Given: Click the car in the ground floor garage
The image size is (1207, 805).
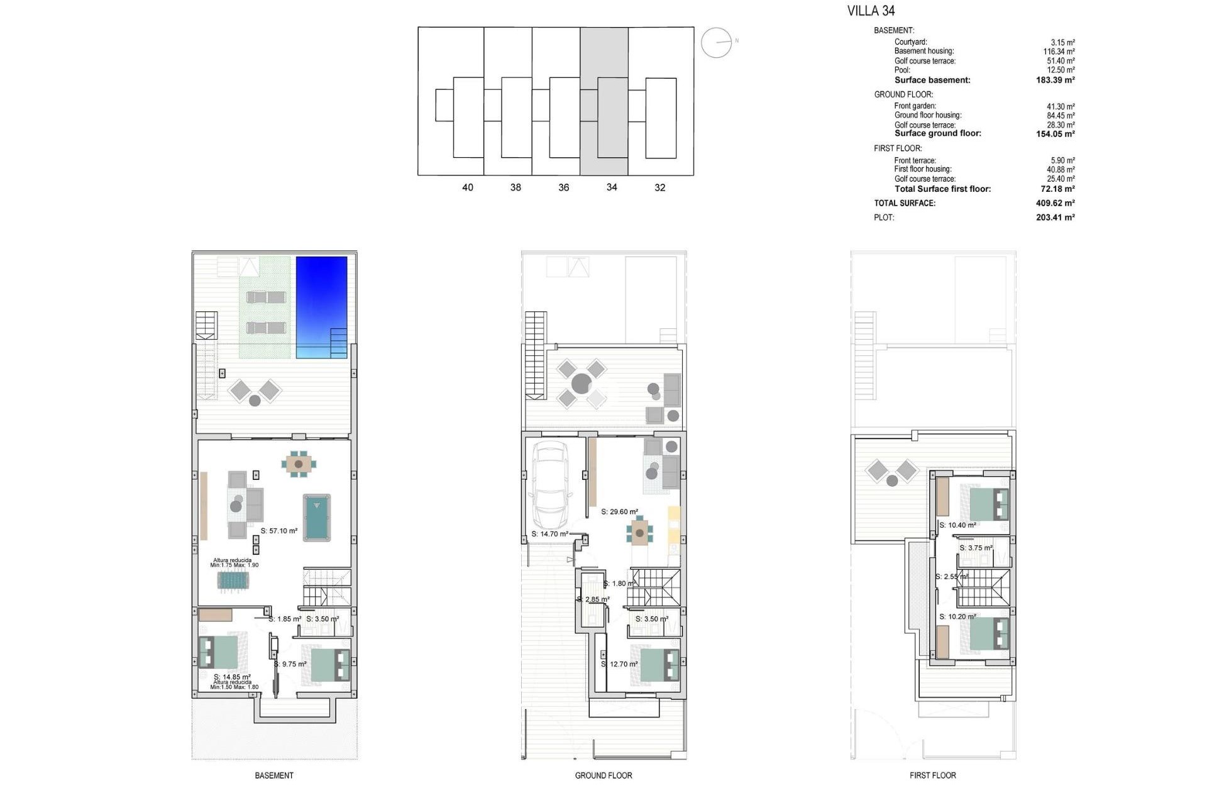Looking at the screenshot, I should click(x=549, y=486).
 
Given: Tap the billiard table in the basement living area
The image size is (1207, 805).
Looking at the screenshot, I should click(x=317, y=517).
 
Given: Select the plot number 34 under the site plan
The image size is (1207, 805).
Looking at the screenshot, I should click(x=612, y=187).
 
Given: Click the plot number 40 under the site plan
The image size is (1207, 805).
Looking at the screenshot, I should click(x=468, y=187).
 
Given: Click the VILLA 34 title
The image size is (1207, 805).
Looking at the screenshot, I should click(x=871, y=11).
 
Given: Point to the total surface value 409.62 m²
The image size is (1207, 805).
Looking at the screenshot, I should click(x=1055, y=203).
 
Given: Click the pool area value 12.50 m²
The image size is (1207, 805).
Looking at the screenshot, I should click(x=1061, y=70).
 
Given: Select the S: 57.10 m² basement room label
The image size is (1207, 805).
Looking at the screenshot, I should click(x=279, y=531).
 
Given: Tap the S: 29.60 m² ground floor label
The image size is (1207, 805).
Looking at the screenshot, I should click(x=619, y=512).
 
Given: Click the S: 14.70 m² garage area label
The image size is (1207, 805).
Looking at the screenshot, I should click(x=550, y=534).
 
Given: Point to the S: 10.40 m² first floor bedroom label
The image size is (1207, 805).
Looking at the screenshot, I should click(x=957, y=525).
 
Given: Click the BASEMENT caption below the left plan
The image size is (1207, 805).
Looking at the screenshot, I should click(x=274, y=775).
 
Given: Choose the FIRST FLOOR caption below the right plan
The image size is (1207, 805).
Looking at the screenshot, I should click(x=932, y=775).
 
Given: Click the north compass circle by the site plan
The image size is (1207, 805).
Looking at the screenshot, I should click(x=716, y=43).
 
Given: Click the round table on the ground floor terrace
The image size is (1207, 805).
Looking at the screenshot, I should click(x=581, y=384).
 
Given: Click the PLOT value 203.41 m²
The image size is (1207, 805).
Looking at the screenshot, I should click(x=1055, y=218).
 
